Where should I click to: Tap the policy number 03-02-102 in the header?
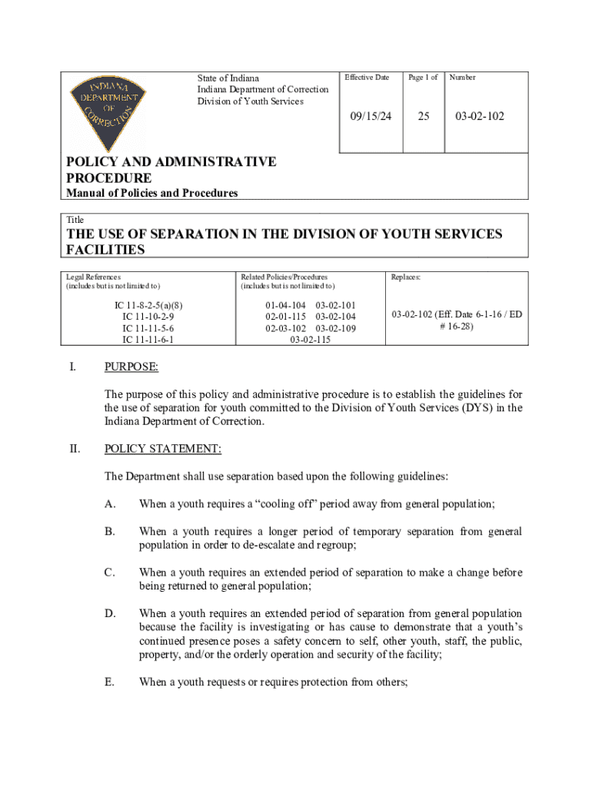[x=479, y=116]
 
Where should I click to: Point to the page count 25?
[x=423, y=116]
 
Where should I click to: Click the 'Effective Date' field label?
[x=367, y=78]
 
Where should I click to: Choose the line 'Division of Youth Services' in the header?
[x=250, y=101]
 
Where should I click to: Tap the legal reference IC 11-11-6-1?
[x=148, y=339]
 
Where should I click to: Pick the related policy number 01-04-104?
[x=285, y=305]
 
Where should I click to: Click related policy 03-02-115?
[x=311, y=339]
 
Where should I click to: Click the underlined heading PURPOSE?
[x=131, y=367]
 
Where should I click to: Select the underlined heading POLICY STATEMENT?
[x=163, y=449]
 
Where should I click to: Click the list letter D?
[x=110, y=613]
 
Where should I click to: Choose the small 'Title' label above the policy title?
[x=75, y=220]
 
